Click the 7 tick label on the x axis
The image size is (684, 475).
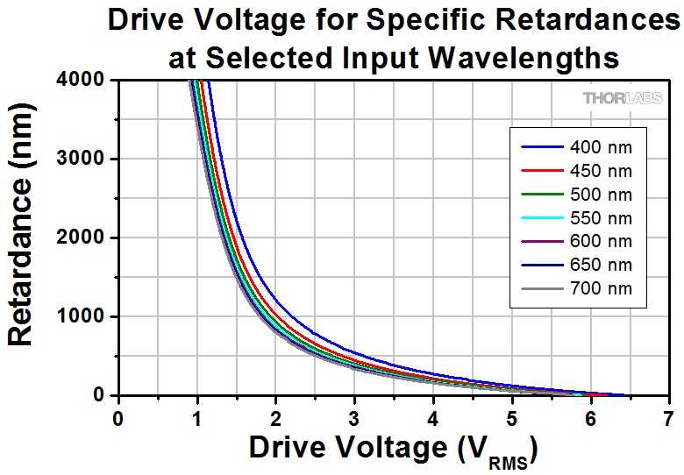(668, 416)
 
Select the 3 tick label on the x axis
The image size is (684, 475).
(353, 416)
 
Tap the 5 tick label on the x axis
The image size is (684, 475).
(510, 416)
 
